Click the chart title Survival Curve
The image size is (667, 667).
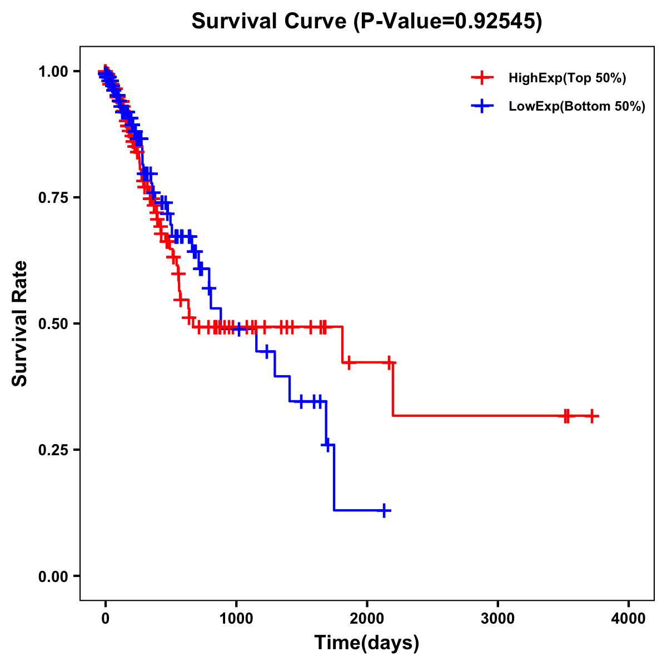point(366,22)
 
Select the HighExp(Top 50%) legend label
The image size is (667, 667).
point(567,78)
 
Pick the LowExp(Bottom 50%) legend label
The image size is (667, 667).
point(577,106)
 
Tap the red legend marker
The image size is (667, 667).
point(482,78)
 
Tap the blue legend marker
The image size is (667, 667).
point(482,106)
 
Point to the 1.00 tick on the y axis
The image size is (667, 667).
point(54,72)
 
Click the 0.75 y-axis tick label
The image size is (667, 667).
point(54,198)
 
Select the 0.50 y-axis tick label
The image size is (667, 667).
point(54,324)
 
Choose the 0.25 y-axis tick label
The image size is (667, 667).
point(54,450)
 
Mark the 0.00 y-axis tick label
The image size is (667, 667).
point(54,576)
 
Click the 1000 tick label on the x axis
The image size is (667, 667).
point(236,619)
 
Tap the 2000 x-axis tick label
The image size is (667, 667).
point(367,619)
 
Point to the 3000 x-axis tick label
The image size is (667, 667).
point(497,619)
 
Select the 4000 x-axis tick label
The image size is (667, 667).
point(629,619)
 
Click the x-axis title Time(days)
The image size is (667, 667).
point(366,643)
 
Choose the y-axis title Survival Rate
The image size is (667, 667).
point(20,323)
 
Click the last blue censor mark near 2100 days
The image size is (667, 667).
point(384,510)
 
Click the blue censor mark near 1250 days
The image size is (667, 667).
point(267,351)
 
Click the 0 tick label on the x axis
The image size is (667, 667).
point(105,619)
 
